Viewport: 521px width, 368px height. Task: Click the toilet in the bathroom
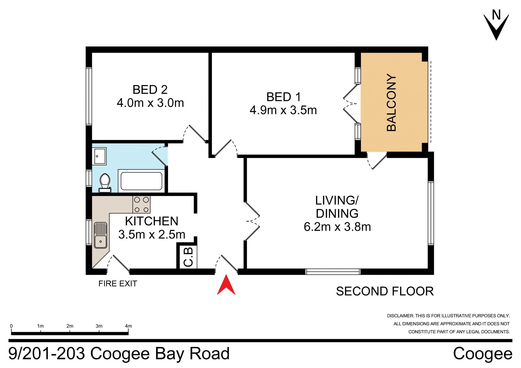coord(105,183)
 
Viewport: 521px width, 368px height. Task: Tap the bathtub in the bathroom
coord(141,181)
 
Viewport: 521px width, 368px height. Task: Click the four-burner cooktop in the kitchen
coord(141,204)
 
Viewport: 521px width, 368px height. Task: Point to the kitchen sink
coord(100,235)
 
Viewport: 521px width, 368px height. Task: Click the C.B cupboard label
coord(188,257)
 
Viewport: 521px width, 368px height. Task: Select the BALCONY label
coord(391,103)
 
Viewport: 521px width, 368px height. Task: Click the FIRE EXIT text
coord(118,284)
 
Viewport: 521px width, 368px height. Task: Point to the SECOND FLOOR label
coord(385,291)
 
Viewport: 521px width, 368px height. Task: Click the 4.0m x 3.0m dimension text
coord(150,103)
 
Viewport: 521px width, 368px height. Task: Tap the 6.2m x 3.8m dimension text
coord(337,227)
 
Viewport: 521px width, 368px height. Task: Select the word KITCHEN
coord(152,221)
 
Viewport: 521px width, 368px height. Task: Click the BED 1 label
coord(284,97)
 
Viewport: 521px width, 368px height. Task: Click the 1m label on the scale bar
coord(40,326)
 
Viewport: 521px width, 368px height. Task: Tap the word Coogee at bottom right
coord(483,354)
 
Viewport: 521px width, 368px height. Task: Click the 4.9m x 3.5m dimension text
coord(283,110)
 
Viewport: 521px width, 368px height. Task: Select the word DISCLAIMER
coord(400,316)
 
